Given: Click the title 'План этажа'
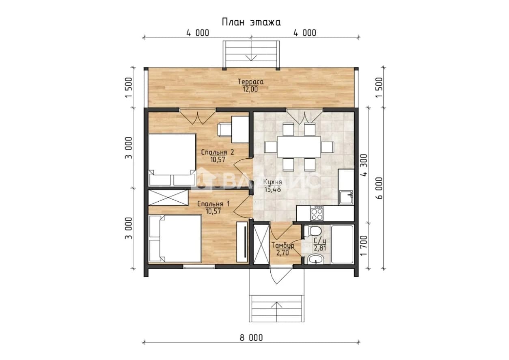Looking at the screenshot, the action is pos(251,22).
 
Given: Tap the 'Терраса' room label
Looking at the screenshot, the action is pos(250,82).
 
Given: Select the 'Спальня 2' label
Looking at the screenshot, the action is pos(218,152).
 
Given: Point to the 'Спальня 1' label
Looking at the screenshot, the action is pos(214,204).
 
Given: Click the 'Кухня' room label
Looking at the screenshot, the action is pos(273,182).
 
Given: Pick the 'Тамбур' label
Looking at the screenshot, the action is pos(283,246).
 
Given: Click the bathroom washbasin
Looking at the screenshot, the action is pos(315,259).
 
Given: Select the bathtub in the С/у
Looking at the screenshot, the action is pos(342,244).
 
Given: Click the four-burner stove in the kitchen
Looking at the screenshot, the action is pos(317,213).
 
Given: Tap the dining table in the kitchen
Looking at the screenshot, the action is pos(299,147).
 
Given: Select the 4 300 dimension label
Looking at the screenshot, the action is pos(364,165).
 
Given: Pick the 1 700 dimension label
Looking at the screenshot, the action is pos(364,245).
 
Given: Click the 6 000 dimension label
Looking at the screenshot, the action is pos(379,188).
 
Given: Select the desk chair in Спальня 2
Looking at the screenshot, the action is pos(224,129).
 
